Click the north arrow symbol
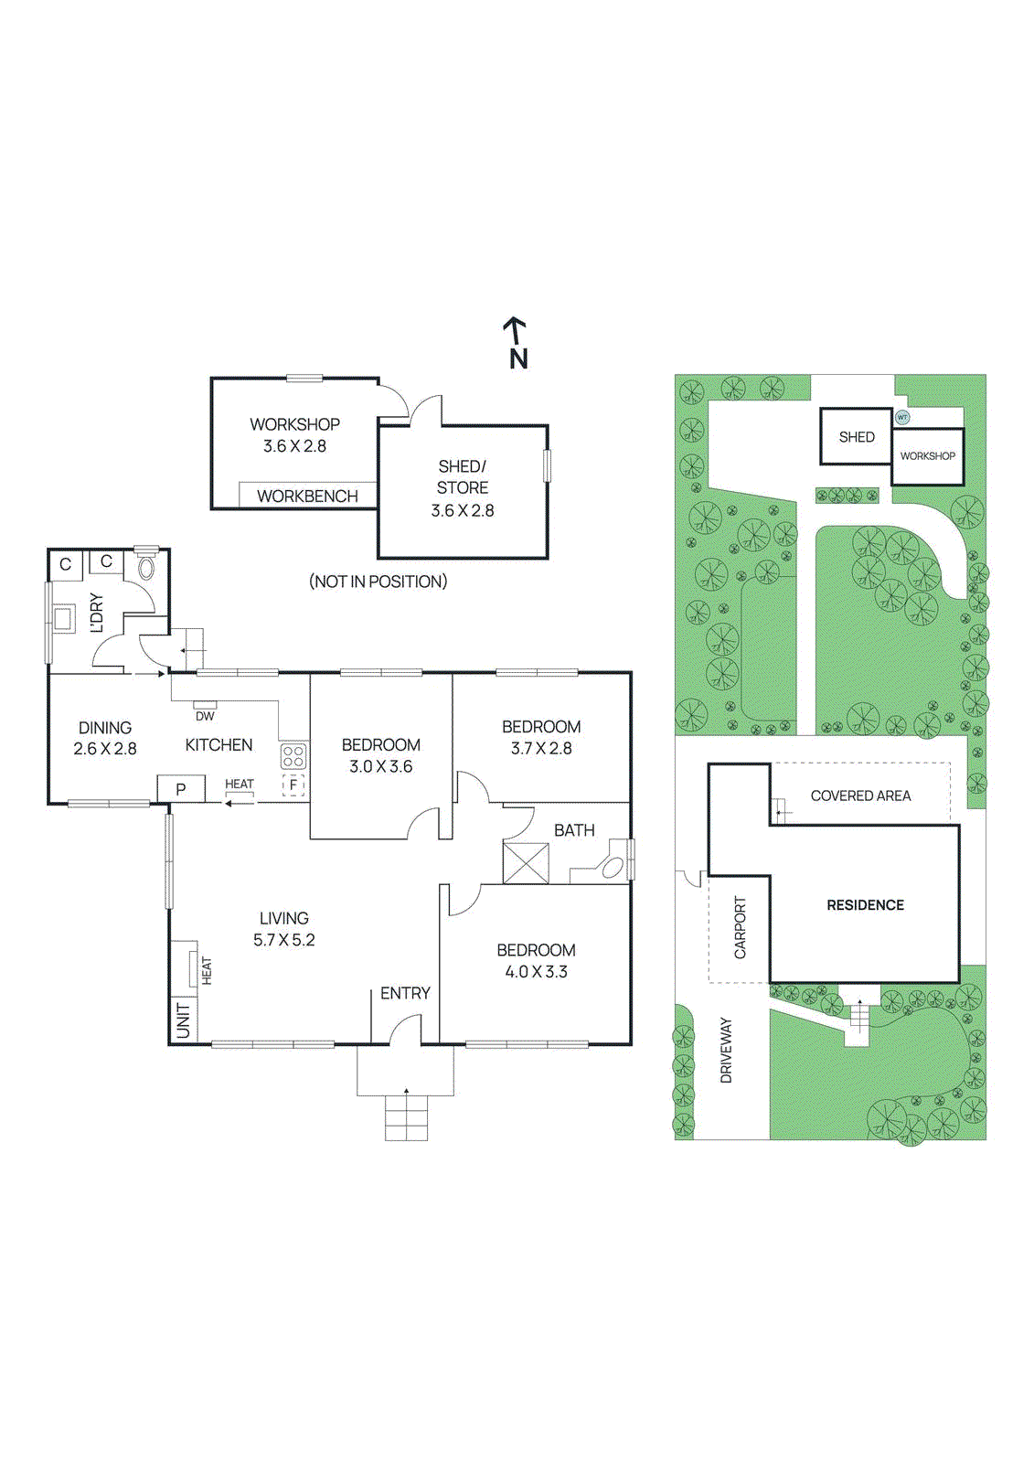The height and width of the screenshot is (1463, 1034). coord(517,342)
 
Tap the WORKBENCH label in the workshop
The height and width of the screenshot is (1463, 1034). coord(307,496)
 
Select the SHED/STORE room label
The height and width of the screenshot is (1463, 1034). coord(463,477)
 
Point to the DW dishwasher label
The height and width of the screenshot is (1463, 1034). coord(205,716)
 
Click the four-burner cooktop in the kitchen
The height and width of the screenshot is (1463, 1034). coord(293,756)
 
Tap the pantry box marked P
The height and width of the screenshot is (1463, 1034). coord(181,789)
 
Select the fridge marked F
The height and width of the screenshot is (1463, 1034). coord(293,785)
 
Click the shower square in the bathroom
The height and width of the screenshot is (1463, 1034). coord(526,862)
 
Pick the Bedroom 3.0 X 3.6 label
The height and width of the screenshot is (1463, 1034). coord(381,755)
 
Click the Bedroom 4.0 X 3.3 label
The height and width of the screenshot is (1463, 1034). coord(536,960)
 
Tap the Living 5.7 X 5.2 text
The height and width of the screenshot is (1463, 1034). coord(283,928)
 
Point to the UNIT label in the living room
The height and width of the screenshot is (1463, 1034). coord(184,1020)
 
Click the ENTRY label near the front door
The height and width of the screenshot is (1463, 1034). coord(405,993)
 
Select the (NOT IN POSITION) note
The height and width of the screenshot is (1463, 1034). coord(378,582)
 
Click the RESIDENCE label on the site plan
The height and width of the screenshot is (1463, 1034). coord(865,905)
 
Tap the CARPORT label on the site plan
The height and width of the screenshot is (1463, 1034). coord(740,927)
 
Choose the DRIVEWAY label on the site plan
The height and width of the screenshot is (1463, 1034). coord(727,1051)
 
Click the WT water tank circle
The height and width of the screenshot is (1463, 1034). coord(902,417)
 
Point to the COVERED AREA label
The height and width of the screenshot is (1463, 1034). coord(860,796)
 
